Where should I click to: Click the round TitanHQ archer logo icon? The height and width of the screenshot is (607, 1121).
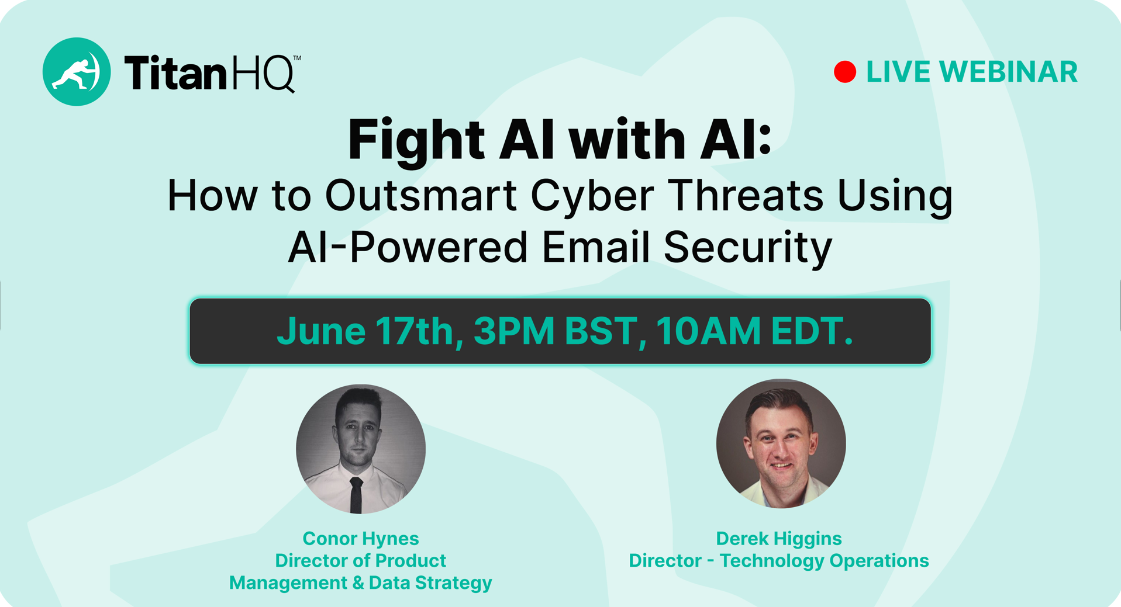coord(77,72)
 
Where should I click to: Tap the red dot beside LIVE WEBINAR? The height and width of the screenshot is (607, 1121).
coord(845,72)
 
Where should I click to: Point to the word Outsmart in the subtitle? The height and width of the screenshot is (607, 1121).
coord(421,195)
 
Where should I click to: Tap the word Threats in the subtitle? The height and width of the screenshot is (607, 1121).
coord(746,195)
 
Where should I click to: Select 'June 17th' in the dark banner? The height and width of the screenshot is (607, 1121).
coord(370,331)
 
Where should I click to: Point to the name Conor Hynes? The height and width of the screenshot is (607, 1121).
coord(361,539)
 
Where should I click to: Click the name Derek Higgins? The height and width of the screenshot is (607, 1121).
coord(779,539)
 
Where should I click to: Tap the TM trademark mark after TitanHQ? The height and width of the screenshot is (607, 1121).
coord(296,58)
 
